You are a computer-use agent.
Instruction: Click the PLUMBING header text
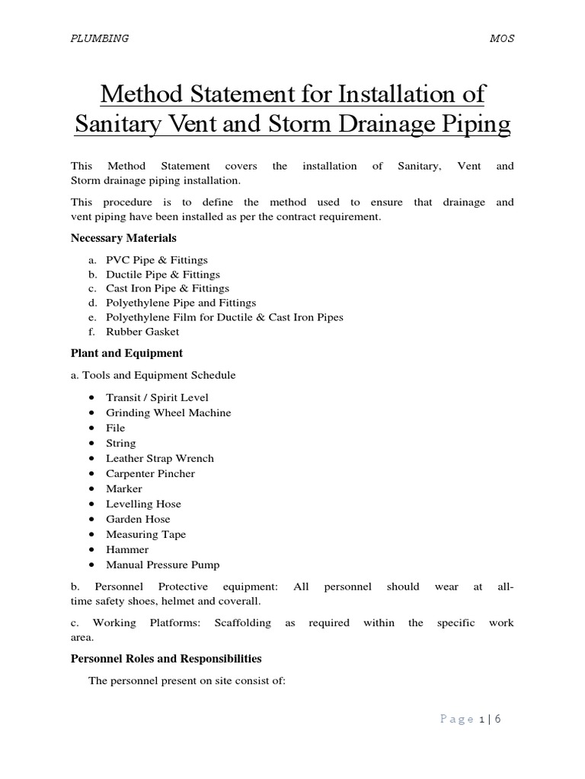(x=99, y=39)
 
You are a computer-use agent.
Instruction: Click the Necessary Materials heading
(x=123, y=238)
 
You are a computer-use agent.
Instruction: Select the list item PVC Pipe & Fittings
(x=156, y=260)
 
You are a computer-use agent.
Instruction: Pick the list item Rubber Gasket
(x=142, y=332)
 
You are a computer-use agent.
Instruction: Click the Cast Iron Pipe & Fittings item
(x=167, y=288)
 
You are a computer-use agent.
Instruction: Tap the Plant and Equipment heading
(x=126, y=353)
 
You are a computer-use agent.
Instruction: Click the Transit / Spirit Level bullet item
(x=157, y=397)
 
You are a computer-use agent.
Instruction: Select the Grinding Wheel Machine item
(x=168, y=412)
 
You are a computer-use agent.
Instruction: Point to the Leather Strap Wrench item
(x=160, y=458)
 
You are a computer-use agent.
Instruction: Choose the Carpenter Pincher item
(x=150, y=473)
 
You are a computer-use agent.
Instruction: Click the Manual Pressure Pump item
(x=162, y=564)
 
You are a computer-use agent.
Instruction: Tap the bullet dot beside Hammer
(x=91, y=549)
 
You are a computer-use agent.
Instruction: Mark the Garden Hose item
(x=138, y=519)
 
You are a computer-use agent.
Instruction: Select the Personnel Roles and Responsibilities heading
(x=166, y=659)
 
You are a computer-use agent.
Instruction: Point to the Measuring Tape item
(x=145, y=534)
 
